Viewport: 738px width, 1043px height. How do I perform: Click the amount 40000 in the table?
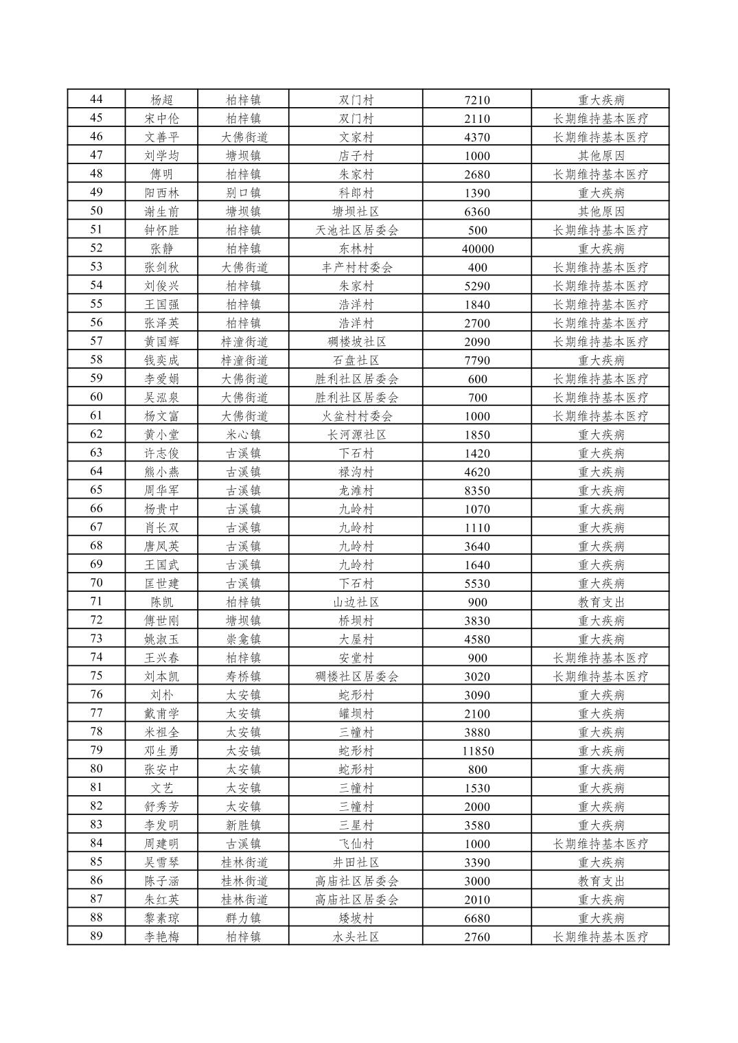pyautogui.click(x=477, y=249)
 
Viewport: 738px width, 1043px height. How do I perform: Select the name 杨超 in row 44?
pyautogui.click(x=161, y=100)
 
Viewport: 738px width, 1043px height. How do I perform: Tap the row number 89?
pyautogui.click(x=96, y=936)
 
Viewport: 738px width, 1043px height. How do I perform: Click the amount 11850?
pyautogui.click(x=477, y=750)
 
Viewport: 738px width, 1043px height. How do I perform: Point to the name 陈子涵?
pyautogui.click(x=161, y=881)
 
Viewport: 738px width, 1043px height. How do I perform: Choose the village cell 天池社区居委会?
pyautogui.click(x=356, y=230)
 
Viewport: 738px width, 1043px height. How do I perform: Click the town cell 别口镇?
pyautogui.click(x=243, y=193)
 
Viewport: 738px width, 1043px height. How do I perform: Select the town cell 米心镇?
pyautogui.click(x=243, y=435)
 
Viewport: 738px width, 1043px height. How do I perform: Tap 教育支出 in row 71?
pyautogui.click(x=601, y=602)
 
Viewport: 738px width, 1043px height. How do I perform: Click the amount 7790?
pyautogui.click(x=477, y=360)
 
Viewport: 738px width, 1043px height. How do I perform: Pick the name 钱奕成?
pyautogui.click(x=161, y=360)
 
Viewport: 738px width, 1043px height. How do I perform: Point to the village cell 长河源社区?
pyautogui.click(x=356, y=435)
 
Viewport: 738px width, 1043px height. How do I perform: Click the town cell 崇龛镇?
pyautogui.click(x=243, y=639)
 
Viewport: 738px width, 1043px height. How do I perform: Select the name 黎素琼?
pyautogui.click(x=161, y=918)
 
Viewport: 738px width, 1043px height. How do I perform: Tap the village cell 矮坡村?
pyautogui.click(x=356, y=918)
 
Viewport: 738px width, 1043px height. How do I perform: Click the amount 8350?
pyautogui.click(x=477, y=490)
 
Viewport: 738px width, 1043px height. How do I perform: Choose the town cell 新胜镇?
pyautogui.click(x=243, y=825)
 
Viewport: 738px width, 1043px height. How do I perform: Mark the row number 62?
pyautogui.click(x=96, y=434)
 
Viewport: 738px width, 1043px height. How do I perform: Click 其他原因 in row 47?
pyautogui.click(x=601, y=156)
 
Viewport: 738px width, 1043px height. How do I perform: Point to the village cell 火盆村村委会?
pyautogui.click(x=356, y=416)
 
